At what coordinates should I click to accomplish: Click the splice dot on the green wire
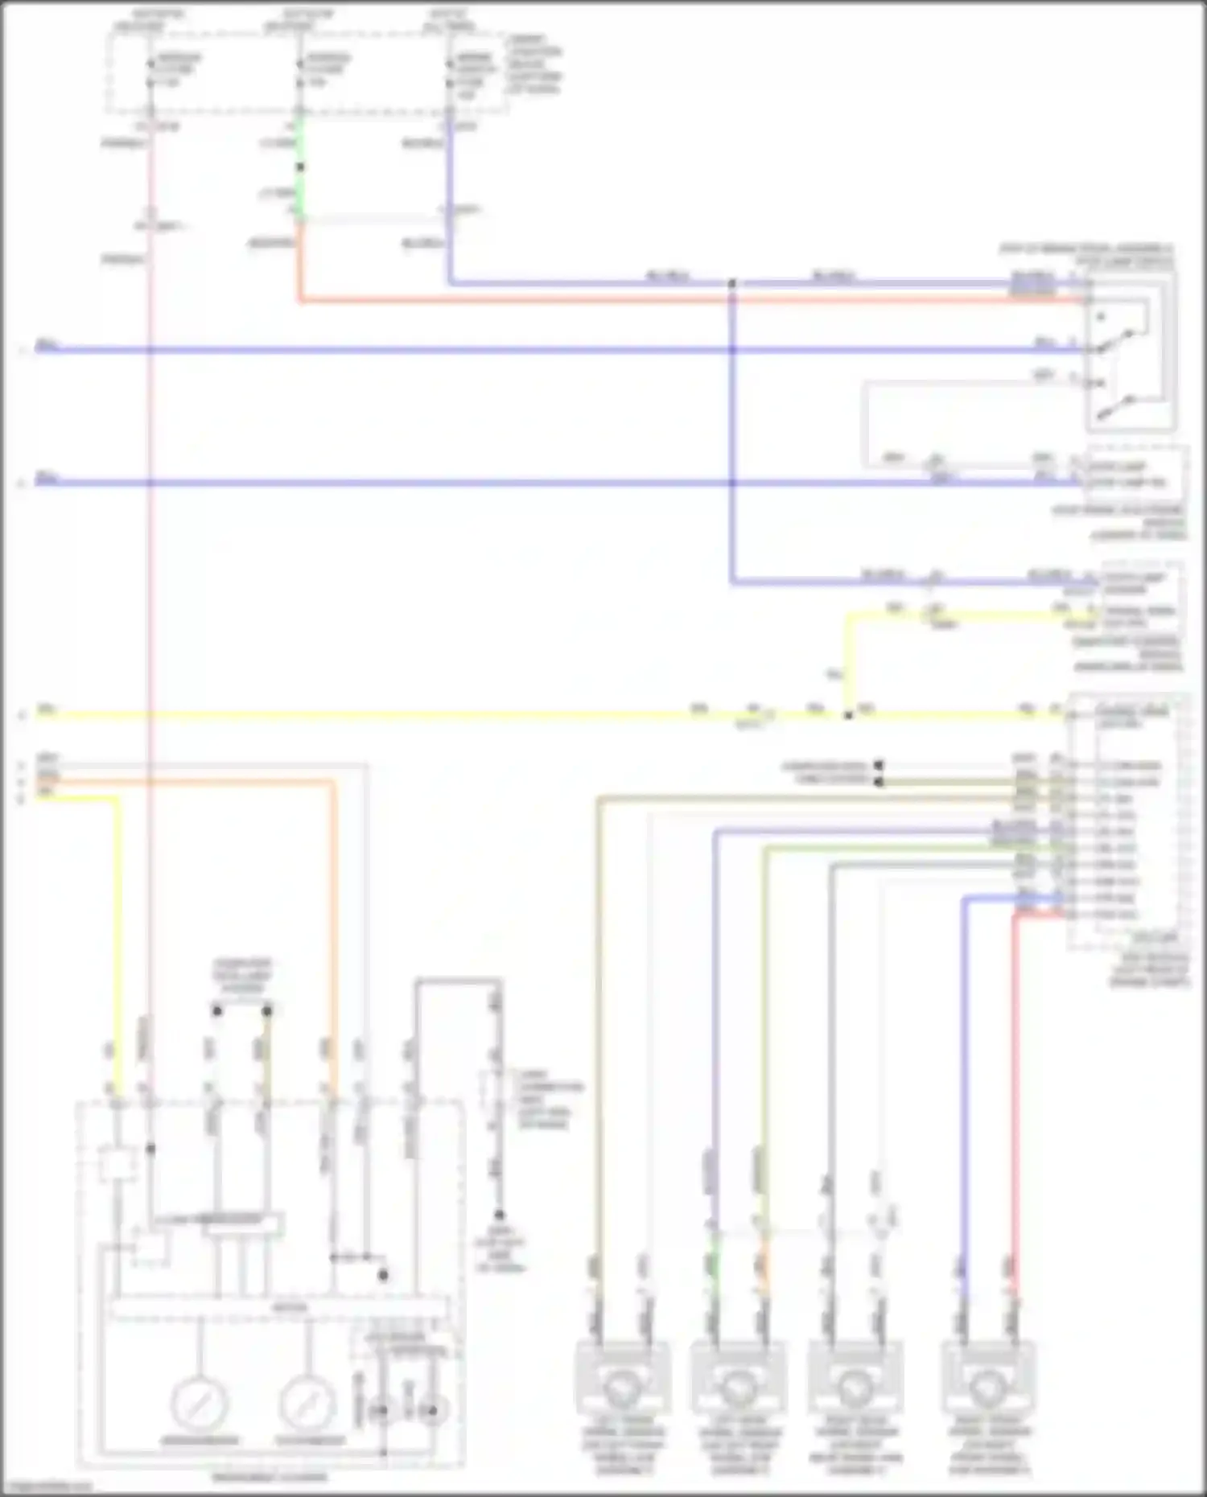tap(300, 167)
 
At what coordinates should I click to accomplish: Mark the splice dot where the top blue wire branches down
tap(732, 284)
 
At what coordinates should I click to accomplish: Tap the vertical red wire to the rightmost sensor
tap(1015, 1086)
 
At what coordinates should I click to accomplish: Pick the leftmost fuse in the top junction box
tap(150, 71)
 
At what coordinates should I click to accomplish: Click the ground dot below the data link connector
tap(499, 1215)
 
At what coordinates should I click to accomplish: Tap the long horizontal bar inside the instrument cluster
tap(278, 1308)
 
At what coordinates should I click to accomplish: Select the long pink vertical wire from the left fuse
tap(150, 644)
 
